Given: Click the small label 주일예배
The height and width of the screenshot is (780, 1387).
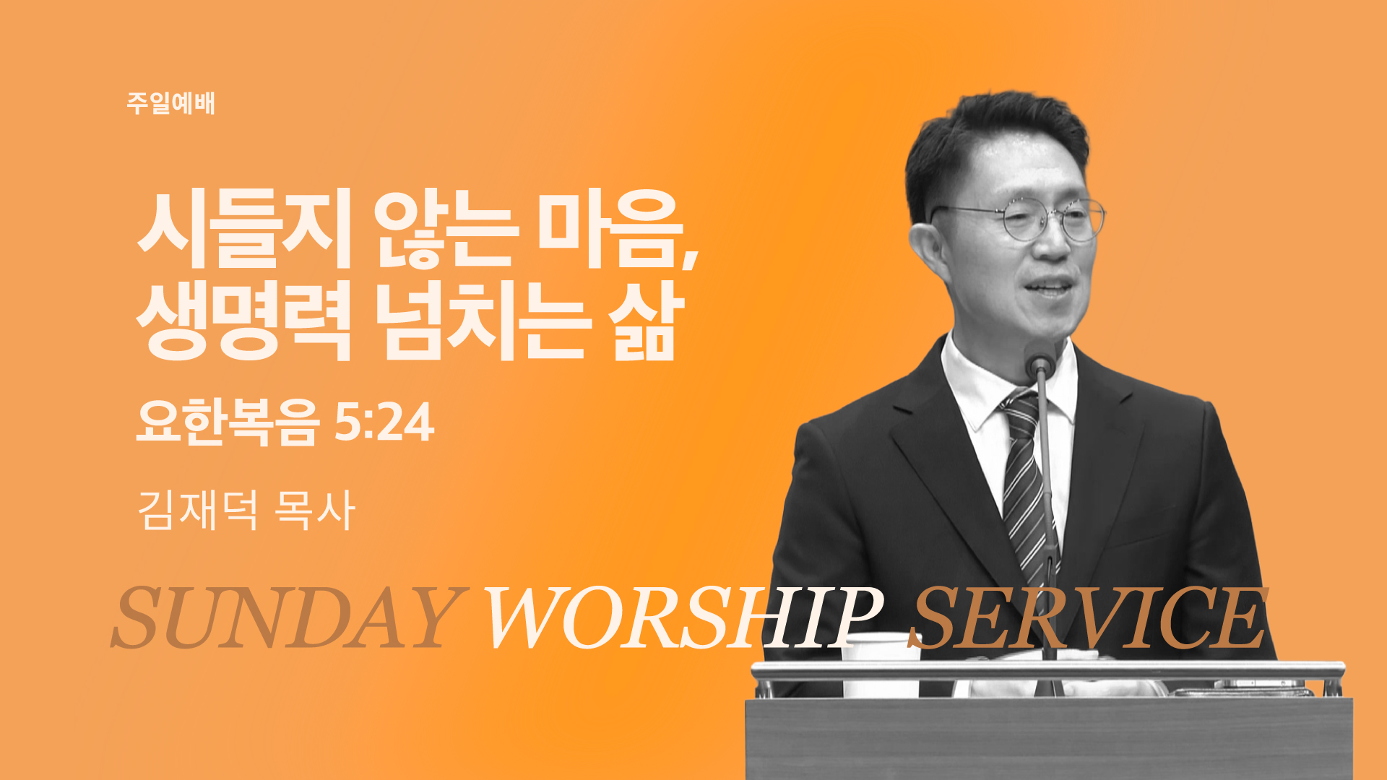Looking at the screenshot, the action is point(170,103).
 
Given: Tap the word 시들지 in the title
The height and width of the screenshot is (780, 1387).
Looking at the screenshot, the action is point(243,228).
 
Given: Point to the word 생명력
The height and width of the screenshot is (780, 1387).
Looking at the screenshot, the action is point(243,319).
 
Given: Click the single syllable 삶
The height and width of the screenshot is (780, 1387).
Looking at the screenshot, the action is point(645,319).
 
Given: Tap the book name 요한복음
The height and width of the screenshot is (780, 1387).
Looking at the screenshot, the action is point(228,422).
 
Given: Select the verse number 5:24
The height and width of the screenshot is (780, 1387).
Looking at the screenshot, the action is point(384,422).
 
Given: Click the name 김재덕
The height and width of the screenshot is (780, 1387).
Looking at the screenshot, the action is point(197,510).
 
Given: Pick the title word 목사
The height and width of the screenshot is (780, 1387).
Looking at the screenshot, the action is point(315,510).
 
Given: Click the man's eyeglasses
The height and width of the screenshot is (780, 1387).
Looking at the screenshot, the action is point(1019,219).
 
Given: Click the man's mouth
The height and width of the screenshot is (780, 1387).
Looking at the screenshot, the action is point(1050,288).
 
